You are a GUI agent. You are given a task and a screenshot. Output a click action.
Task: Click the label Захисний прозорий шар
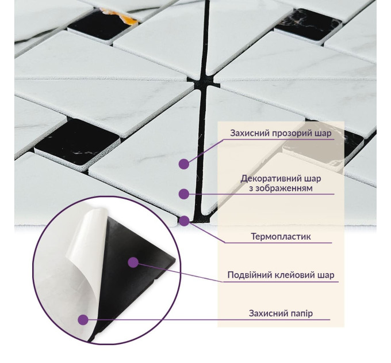(x=281, y=134)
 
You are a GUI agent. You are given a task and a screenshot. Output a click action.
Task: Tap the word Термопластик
(x=281, y=236)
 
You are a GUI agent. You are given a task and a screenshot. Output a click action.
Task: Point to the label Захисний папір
(x=281, y=313)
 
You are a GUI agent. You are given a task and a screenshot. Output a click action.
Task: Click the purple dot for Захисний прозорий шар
(x=183, y=164)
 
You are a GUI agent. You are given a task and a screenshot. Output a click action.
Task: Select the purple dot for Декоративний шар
(x=183, y=194)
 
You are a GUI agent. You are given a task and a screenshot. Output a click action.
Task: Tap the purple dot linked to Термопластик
(x=183, y=220)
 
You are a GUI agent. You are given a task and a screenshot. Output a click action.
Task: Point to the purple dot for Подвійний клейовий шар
(x=133, y=263)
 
